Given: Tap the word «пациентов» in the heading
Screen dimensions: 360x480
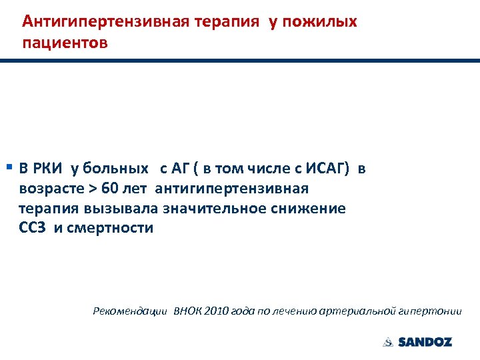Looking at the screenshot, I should coord(64,43).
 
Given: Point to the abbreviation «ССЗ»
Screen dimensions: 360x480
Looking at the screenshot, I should coord(33,229).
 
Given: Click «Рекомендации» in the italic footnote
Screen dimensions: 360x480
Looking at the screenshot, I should coord(131,311).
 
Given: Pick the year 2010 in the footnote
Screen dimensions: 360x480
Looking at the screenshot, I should coord(221,311).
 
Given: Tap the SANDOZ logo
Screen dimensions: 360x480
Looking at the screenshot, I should coord(418,342).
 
